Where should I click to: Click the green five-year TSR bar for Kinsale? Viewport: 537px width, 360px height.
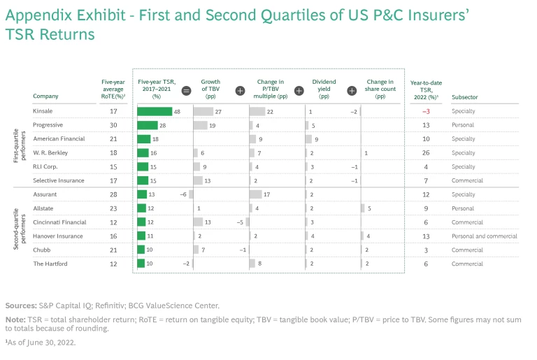coord(155,111)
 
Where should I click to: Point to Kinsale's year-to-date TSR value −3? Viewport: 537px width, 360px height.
coord(426,111)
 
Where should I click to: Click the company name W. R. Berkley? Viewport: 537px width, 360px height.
coord(50,152)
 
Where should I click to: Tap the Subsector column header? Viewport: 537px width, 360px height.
coord(466,96)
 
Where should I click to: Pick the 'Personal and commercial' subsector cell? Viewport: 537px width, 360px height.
coord(485,236)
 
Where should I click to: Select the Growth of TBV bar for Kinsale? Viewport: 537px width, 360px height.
coord(203,111)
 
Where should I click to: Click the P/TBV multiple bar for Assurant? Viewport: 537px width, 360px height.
coord(255,194)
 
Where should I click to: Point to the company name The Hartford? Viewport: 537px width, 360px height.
coord(49,264)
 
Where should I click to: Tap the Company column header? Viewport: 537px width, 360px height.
coord(45,96)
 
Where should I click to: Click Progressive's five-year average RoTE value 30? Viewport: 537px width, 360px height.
coord(113,125)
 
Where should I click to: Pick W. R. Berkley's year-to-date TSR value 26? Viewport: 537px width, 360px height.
coord(426,152)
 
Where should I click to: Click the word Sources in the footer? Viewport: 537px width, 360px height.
coord(20,305)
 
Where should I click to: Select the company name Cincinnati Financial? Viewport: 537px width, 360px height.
coord(59,222)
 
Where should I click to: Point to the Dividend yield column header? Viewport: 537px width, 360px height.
coord(324,89)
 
